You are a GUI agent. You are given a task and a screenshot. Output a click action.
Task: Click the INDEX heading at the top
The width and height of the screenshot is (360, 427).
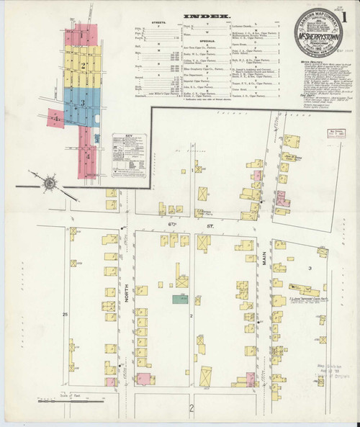click(x=208, y=15)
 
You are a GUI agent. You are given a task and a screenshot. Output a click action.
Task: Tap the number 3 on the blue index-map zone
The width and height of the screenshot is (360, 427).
click(x=84, y=104)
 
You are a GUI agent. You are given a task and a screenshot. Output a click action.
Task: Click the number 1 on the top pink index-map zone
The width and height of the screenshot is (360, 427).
click(x=84, y=35)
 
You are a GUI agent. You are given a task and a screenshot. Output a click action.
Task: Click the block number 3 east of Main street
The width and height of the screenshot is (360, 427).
click(x=309, y=268)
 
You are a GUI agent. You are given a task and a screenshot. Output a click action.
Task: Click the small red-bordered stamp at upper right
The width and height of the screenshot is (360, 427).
click(x=336, y=133)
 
